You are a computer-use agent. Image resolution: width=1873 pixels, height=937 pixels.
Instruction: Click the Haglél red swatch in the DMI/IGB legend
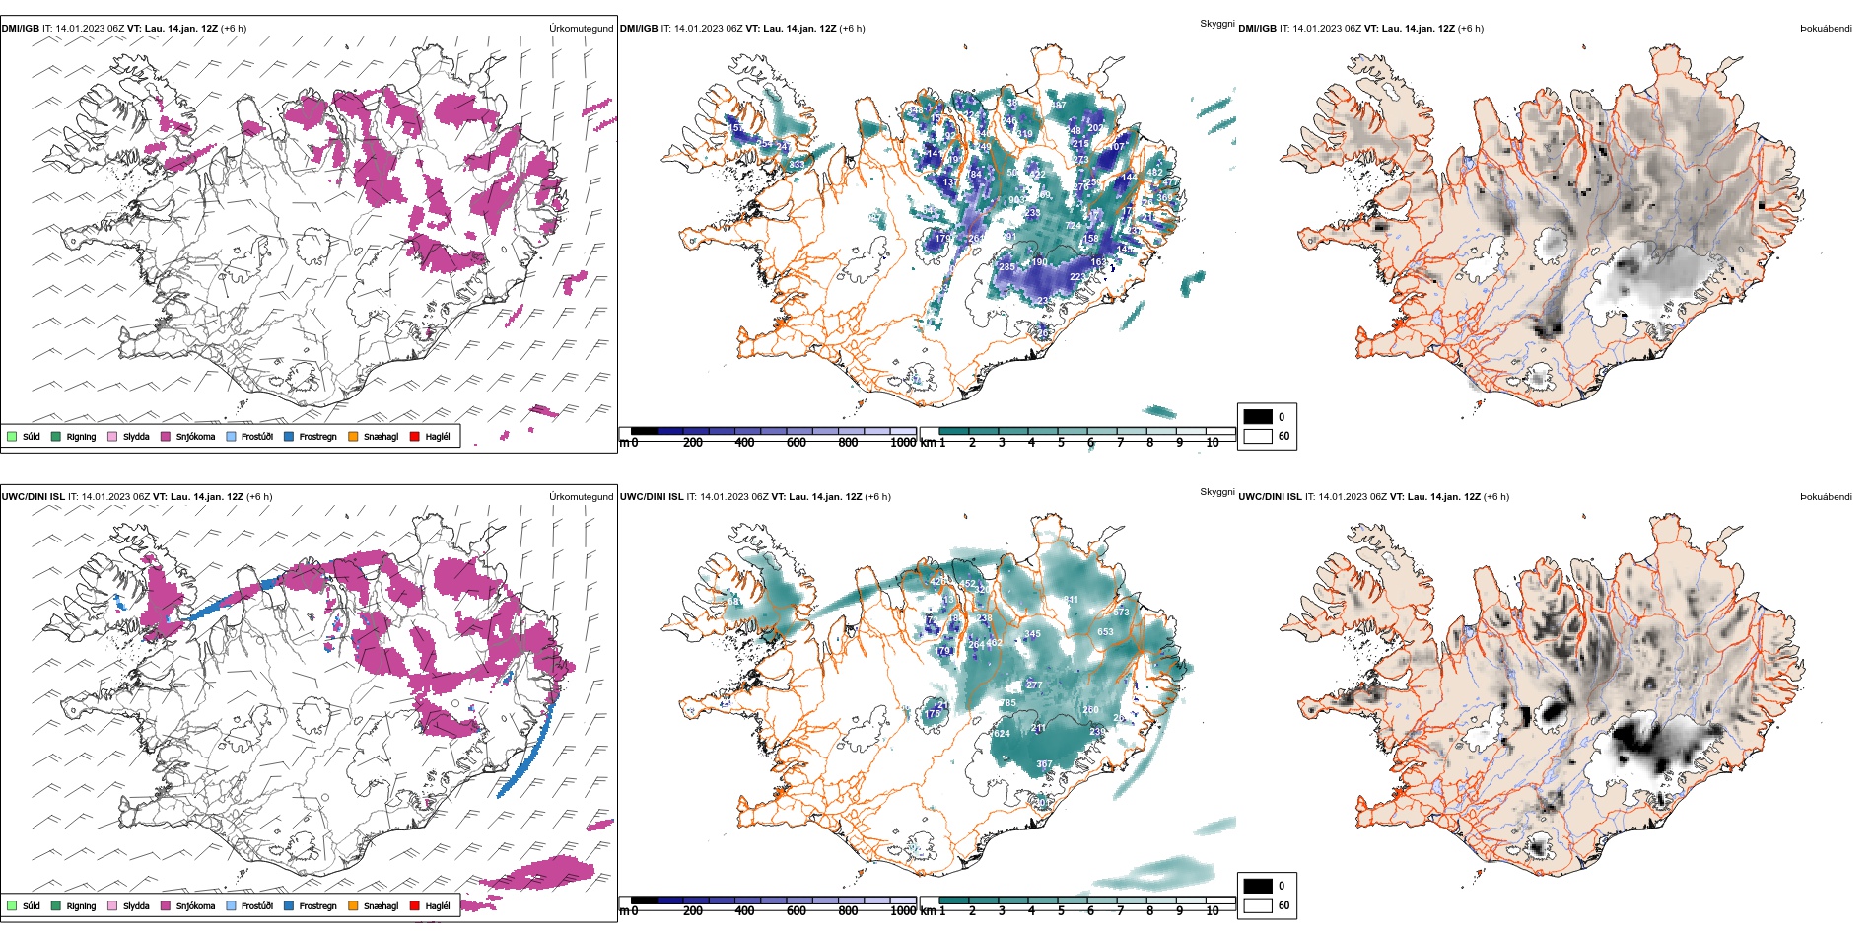click(415, 437)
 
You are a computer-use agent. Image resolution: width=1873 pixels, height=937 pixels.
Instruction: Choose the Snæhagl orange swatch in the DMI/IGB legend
click(353, 437)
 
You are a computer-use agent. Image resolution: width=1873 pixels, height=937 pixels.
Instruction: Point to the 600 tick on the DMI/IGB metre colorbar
click(797, 443)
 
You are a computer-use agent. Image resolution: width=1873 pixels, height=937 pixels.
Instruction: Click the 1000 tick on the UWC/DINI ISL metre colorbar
click(903, 911)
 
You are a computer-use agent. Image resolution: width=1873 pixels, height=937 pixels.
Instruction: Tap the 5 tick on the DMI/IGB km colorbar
click(1061, 443)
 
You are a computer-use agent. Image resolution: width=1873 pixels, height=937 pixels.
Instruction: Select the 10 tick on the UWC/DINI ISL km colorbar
click(1213, 911)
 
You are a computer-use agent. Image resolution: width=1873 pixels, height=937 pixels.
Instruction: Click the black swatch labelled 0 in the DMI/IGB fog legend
click(1258, 417)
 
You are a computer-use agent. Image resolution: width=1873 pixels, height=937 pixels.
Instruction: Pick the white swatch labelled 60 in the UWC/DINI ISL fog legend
click(1258, 905)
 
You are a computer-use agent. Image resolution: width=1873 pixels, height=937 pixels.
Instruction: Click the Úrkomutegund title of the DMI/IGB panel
click(581, 29)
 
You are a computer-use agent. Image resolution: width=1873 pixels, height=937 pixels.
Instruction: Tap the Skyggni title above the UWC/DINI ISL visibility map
click(1216, 491)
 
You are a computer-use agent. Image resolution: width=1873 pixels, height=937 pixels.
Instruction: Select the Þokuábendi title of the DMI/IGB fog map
click(1826, 29)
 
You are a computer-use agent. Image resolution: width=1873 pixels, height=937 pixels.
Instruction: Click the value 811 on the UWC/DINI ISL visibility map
click(1071, 600)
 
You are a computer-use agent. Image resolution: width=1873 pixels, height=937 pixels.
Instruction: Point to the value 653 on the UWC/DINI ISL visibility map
click(1105, 632)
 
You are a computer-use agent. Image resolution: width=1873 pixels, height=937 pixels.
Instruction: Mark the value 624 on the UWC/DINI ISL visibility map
click(1002, 734)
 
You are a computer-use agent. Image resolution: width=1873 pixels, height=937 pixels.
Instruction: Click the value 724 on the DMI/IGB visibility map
click(1073, 226)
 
